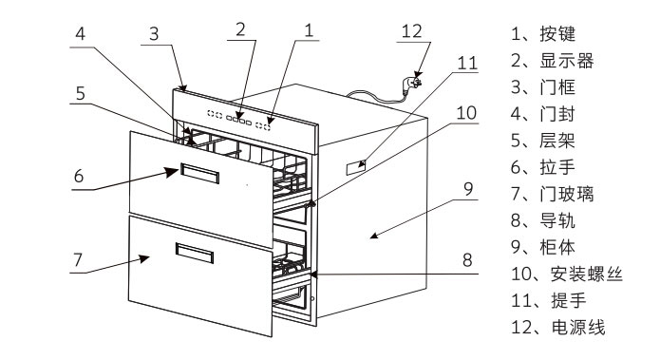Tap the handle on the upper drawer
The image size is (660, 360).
click(200, 174)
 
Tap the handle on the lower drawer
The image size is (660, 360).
click(195, 253)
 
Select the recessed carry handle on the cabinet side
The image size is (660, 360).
click(356, 167)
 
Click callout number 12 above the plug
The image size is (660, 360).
click(411, 31)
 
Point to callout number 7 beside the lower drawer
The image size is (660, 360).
click(78, 260)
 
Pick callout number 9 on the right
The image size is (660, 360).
click(468, 189)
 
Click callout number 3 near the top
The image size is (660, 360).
click(154, 34)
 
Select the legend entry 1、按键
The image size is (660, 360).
click(543, 33)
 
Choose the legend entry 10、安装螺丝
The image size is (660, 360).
click(567, 275)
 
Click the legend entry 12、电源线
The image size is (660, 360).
click(557, 327)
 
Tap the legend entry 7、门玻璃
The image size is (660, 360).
click(553, 194)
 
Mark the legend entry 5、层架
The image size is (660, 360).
click(543, 141)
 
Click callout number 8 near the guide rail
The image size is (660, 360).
click(467, 260)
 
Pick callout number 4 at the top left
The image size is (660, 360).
click(80, 33)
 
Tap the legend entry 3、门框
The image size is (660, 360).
click(543, 87)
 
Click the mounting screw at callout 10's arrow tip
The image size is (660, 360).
click(311, 204)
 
